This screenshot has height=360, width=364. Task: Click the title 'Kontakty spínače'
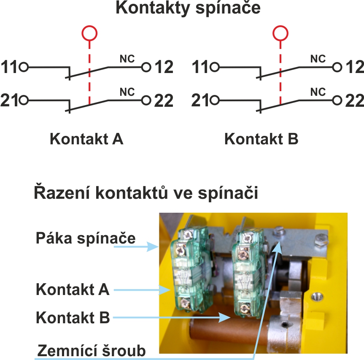[188, 9]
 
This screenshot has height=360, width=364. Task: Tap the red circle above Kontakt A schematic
[89, 33]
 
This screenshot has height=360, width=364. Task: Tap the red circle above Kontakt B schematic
[280, 33]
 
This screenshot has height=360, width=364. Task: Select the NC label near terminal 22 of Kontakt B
[318, 92]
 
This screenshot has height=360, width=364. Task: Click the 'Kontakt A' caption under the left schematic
[86, 139]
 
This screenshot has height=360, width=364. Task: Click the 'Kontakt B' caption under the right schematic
[261, 139]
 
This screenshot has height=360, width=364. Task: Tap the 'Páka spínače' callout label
[85, 238]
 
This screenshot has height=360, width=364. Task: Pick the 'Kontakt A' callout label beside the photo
[73, 290]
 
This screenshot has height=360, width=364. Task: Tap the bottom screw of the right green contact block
[244, 309]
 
